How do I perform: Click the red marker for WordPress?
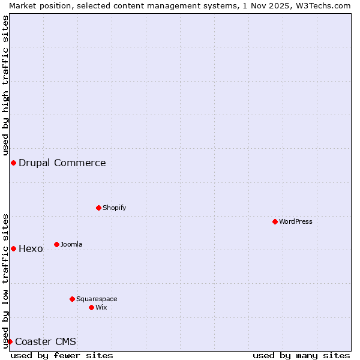275,221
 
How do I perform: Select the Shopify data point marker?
99,208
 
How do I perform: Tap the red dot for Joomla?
57,244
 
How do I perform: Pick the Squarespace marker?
73,299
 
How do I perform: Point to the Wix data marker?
92,307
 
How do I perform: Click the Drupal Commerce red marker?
13,163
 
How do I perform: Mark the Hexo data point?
13,248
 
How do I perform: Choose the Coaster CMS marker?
10,341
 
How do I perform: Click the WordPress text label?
296,221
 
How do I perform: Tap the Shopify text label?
115,208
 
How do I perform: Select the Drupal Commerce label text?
62,163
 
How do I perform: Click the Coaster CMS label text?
46,341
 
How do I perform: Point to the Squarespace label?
97,299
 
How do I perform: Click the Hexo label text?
31,248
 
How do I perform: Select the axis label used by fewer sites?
62,355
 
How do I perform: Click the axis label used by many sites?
301,355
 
